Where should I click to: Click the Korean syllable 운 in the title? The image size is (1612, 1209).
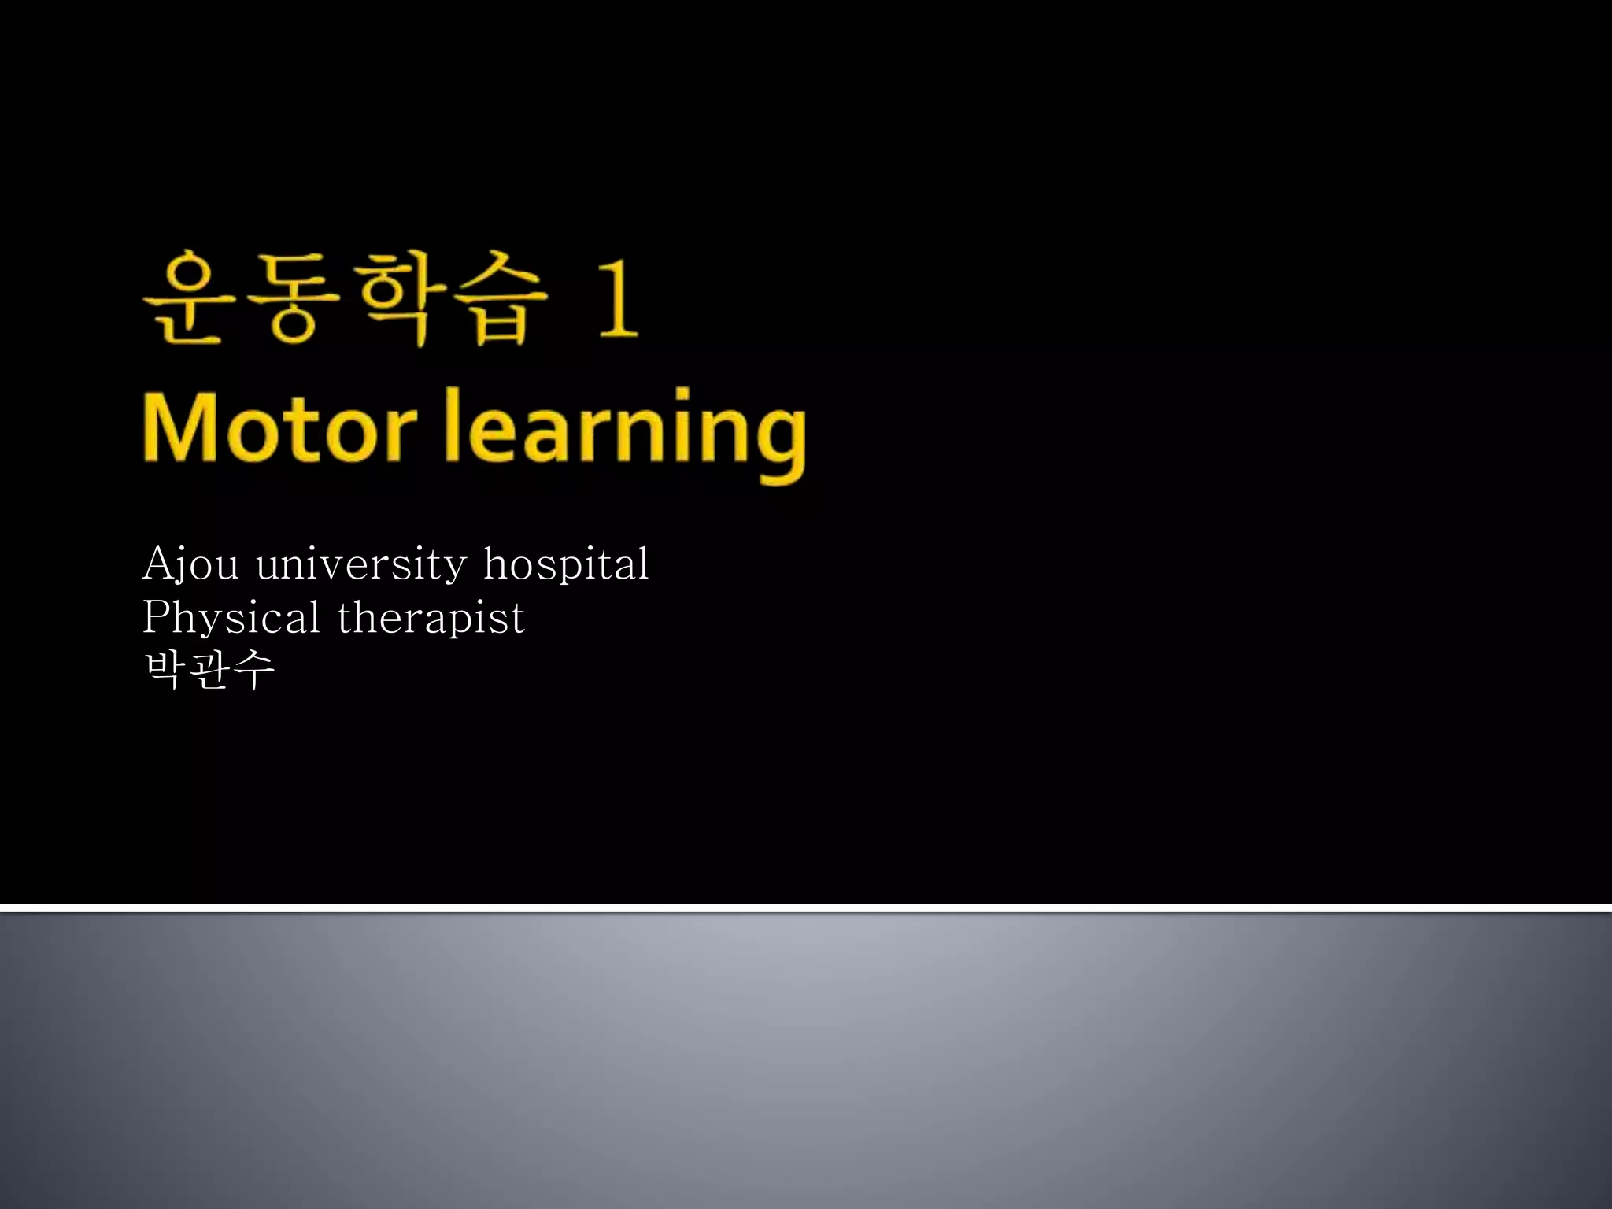[x=190, y=298]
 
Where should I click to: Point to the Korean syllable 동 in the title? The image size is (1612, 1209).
[x=292, y=298]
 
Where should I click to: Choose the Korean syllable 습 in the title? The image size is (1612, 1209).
[x=500, y=298]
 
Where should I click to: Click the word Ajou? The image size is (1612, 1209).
[x=190, y=564]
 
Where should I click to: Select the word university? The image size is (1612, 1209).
[x=361, y=564]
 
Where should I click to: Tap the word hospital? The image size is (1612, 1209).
[x=566, y=564]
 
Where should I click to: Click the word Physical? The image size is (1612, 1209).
[x=231, y=618]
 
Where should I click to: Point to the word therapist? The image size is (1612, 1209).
[x=431, y=618]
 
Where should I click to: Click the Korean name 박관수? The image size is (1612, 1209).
[x=209, y=670]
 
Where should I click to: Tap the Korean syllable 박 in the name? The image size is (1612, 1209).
[x=165, y=670]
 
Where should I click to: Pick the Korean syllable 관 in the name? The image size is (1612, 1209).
[x=209, y=670]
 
